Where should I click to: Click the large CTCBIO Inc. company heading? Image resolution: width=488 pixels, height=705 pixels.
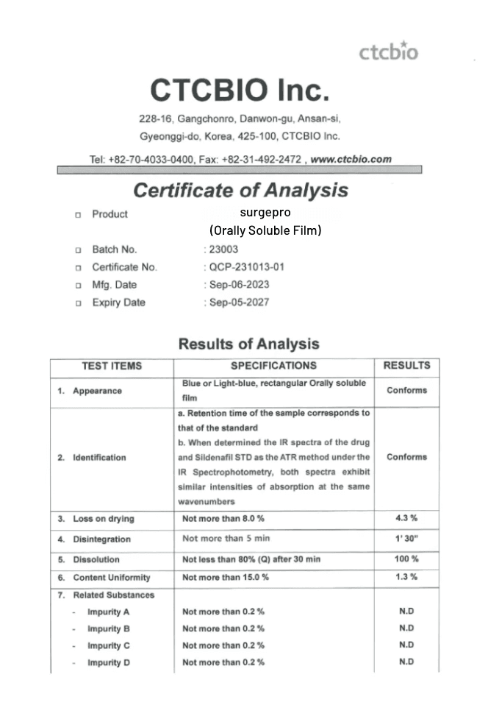240,91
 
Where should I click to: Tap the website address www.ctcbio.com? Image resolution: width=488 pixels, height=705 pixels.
352,159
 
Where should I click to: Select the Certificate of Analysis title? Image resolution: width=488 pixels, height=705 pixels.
240,191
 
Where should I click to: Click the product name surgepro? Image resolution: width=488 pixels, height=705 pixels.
265,213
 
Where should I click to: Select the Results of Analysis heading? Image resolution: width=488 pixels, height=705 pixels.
248,344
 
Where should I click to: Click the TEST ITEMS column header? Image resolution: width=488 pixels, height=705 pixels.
112,366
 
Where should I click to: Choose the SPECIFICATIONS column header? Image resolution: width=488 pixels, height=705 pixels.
273,366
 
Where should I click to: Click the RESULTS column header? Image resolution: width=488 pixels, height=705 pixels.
406,366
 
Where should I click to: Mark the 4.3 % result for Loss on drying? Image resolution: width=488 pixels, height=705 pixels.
406,519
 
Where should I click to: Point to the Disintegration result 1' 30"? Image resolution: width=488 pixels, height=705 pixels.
406,539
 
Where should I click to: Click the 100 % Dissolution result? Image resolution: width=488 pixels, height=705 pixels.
406,559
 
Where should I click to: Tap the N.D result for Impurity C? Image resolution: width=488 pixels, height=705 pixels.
406,645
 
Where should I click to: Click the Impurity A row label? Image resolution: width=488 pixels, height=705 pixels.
108,612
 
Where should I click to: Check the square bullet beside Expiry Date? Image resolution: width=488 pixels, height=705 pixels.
77,303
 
